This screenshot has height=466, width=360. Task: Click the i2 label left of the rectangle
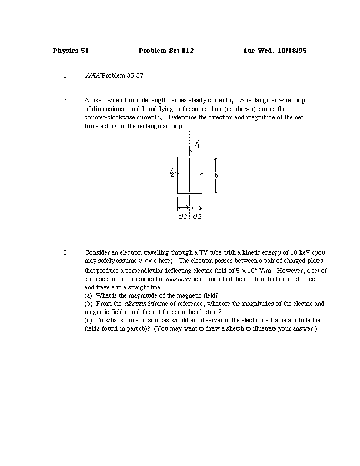(x=171, y=173)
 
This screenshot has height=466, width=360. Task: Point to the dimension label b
(x=216, y=175)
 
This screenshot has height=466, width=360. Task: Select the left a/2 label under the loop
(x=183, y=217)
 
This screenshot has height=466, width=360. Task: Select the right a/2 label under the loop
(x=197, y=217)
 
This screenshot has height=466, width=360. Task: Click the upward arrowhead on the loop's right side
(x=202, y=174)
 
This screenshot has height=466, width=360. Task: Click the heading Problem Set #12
(x=166, y=51)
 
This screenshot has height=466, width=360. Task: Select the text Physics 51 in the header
(x=71, y=51)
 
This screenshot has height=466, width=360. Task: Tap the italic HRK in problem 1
(x=93, y=76)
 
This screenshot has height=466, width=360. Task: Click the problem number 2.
(x=65, y=101)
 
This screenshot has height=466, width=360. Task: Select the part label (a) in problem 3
(x=89, y=295)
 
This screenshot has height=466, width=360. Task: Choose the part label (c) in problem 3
(x=89, y=321)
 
